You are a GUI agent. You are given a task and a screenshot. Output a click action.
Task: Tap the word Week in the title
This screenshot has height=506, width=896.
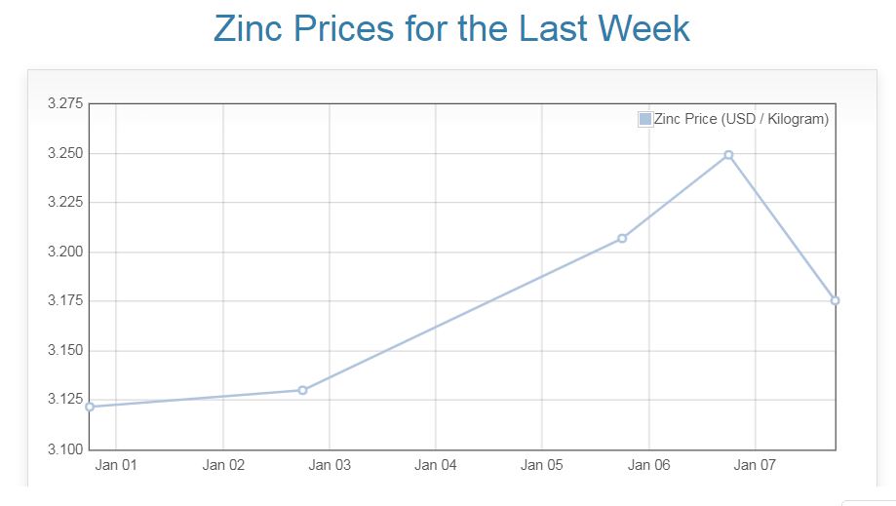pos(636,28)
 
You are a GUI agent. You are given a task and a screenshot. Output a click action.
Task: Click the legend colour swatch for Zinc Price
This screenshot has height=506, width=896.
pos(644,119)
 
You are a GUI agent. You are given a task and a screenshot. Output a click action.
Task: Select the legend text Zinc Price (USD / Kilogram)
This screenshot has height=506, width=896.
pos(741,119)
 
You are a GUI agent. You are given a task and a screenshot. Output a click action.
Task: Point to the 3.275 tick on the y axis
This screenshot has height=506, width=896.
pos(65,103)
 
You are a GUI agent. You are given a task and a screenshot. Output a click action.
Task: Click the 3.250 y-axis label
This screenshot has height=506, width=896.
pos(65,153)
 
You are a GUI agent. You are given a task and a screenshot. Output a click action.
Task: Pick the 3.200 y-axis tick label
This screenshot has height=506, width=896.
pos(65,252)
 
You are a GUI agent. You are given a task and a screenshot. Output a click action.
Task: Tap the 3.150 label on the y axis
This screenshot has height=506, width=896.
pos(65,350)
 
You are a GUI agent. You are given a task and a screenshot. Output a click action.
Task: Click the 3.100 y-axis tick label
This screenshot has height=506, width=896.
pos(65,448)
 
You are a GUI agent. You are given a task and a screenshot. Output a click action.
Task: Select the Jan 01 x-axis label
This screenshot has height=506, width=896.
pos(116,465)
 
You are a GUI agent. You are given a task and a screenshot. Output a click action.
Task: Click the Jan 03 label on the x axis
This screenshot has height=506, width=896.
pos(329,465)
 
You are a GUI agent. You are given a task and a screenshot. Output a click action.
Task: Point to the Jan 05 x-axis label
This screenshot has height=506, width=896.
pos(541,465)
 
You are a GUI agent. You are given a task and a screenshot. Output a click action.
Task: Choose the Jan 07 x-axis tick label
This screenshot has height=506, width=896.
pos(755,465)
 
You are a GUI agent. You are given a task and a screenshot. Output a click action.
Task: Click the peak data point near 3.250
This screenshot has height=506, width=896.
pos(728,155)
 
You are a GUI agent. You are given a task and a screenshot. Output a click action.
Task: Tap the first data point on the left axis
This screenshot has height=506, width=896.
pos(90,407)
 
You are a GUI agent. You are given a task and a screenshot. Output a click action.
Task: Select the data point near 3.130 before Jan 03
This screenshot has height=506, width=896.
pos(302,390)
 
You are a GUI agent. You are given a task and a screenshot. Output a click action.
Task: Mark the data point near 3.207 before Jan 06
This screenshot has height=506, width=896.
pos(622,238)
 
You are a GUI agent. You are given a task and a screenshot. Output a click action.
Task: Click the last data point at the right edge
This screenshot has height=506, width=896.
pos(835,300)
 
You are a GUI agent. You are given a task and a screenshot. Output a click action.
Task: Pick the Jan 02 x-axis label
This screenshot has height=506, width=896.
pos(222,465)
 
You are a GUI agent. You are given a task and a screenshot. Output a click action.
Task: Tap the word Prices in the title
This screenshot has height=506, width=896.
pos(347,28)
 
